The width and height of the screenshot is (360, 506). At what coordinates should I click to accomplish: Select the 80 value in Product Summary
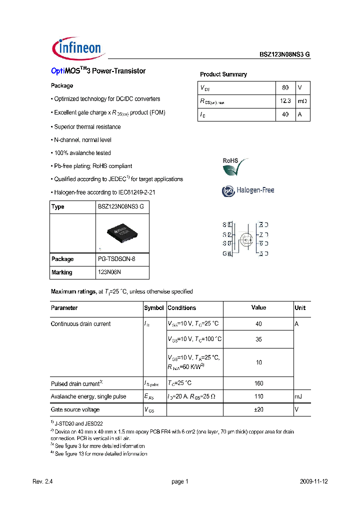click(x=285, y=87)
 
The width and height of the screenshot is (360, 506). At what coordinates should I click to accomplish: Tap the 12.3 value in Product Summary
click(x=285, y=101)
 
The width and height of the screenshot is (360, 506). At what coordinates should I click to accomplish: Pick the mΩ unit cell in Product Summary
click(x=302, y=101)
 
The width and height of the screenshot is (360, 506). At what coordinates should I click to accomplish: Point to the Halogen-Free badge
click(x=248, y=190)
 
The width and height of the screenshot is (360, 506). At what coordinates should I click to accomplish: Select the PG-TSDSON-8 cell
click(x=116, y=259)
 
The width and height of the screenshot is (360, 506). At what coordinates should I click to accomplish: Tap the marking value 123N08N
click(x=109, y=272)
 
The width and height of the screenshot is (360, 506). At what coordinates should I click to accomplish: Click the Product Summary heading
click(x=223, y=74)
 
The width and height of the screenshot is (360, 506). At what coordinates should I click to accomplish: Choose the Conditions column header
click(x=182, y=308)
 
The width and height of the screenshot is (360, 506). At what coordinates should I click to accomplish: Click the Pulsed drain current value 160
click(x=258, y=383)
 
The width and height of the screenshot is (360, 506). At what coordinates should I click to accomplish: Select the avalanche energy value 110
click(x=258, y=396)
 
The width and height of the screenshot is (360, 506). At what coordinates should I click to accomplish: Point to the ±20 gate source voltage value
click(x=258, y=409)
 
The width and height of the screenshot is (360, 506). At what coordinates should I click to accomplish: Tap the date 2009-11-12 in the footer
click(x=314, y=481)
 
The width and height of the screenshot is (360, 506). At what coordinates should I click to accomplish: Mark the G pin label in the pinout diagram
click(x=224, y=253)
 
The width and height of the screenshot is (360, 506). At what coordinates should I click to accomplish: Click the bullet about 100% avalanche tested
click(x=82, y=153)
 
